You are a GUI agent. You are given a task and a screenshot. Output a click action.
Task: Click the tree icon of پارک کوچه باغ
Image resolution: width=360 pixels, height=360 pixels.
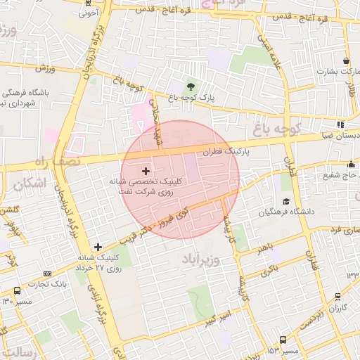tap(191, 87)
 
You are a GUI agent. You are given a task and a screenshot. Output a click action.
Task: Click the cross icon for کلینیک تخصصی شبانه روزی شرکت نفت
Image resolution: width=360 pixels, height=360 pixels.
tap(146, 170)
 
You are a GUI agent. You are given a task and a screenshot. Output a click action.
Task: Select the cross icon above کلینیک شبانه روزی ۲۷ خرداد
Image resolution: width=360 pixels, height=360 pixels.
tap(97, 246)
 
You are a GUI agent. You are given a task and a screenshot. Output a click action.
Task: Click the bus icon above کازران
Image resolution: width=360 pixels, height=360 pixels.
tap(338, 296)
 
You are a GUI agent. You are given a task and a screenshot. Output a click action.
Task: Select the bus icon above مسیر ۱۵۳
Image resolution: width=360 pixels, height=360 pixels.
tap(283, 339)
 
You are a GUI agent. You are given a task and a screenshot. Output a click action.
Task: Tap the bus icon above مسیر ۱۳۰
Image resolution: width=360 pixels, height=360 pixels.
tap(17, 290)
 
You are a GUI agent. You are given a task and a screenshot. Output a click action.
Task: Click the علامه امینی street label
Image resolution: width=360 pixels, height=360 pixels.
tap(271, 53)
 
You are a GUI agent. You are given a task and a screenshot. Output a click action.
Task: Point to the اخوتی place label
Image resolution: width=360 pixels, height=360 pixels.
tap(89, 13)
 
